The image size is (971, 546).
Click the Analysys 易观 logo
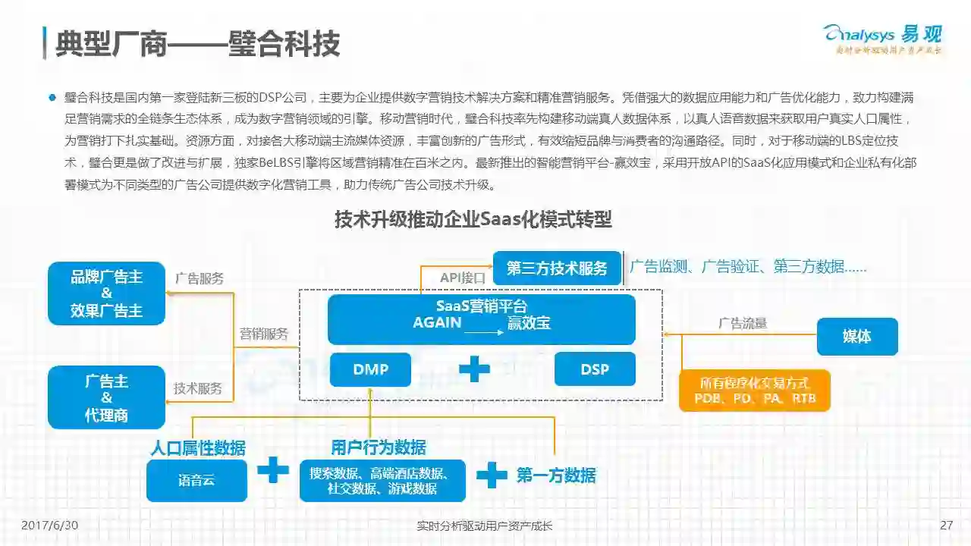(x=882, y=38)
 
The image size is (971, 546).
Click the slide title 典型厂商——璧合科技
(x=197, y=44)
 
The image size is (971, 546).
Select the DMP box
(x=370, y=369)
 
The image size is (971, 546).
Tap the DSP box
(x=595, y=369)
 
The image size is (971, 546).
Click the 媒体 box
(x=857, y=337)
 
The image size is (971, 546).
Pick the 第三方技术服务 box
(x=557, y=268)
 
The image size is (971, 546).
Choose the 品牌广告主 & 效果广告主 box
(x=106, y=293)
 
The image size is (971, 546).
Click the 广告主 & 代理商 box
(x=106, y=397)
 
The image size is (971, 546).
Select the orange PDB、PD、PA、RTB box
(x=755, y=390)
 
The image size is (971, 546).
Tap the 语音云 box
(x=196, y=480)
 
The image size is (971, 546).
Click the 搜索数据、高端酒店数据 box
(x=382, y=480)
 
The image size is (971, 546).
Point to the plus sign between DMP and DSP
(x=475, y=369)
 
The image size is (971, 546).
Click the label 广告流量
(x=743, y=324)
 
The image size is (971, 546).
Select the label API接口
(x=463, y=278)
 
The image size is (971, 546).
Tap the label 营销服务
(x=264, y=334)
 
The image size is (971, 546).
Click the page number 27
(x=945, y=526)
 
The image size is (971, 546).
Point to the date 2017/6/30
(x=50, y=526)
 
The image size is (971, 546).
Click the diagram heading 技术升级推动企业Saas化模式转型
(x=473, y=220)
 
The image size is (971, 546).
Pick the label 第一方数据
(x=556, y=475)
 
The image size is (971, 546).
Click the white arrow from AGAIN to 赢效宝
(x=483, y=332)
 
